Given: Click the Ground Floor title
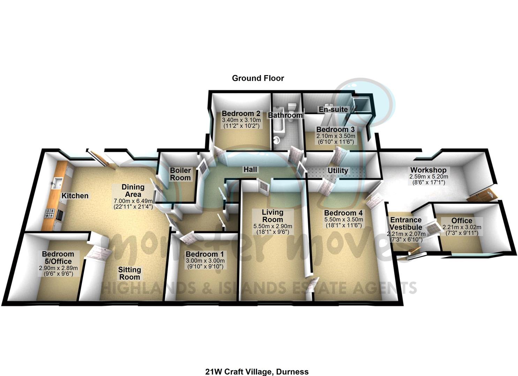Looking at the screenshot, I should pos(258,78).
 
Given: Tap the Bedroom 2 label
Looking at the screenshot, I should pos(241,113).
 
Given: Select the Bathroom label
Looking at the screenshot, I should pos(285,115).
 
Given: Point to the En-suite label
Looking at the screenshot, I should pos(333,109).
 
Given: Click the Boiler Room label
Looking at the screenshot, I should pos(180,174).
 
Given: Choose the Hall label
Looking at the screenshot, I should pos(250,170).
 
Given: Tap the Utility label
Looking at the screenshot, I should pos(338,171).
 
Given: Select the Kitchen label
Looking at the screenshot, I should pos(75,196).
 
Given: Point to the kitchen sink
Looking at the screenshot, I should pos(57,182).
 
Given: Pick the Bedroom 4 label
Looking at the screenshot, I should pos(343,213).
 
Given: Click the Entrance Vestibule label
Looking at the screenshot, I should pos(406,224).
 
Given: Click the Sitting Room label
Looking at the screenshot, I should pos(129,273).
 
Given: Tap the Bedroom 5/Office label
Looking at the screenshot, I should pos(58,258).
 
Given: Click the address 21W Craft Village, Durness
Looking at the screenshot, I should pos(257,371).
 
